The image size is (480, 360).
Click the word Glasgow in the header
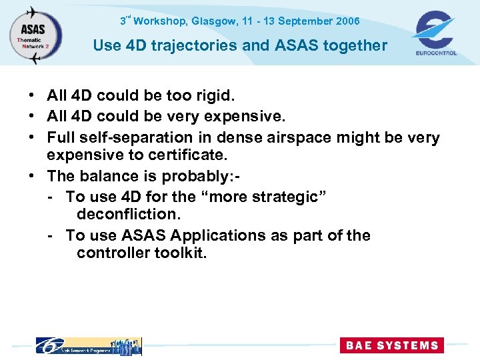click(x=213, y=21)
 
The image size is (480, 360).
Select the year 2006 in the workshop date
click(x=348, y=21)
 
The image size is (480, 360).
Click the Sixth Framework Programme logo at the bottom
click(x=88, y=345)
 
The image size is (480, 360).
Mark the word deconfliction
click(x=129, y=215)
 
